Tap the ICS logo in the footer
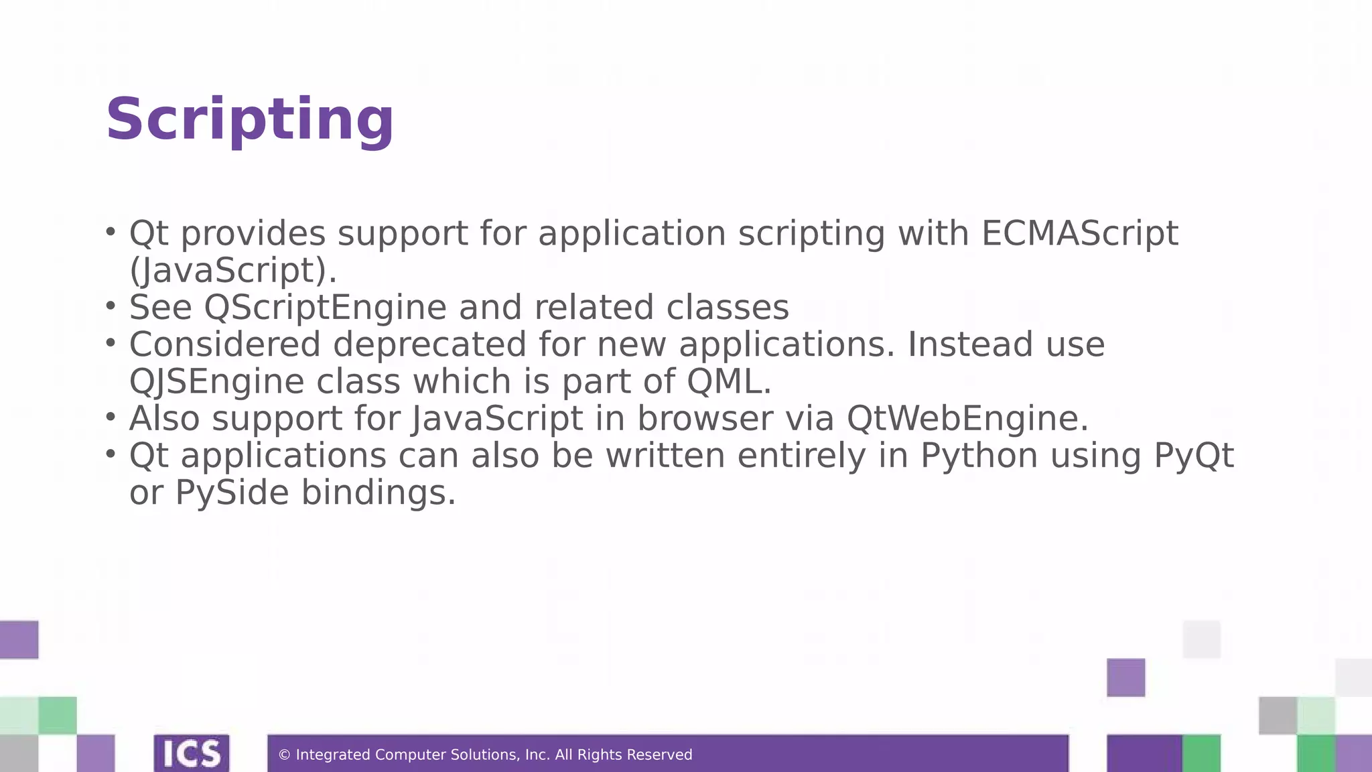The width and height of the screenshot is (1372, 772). (x=192, y=754)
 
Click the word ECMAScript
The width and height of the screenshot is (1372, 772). (x=1079, y=233)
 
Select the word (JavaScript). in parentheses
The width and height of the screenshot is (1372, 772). (x=232, y=271)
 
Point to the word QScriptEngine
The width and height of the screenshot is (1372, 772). (x=325, y=308)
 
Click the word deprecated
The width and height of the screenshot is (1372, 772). (x=429, y=344)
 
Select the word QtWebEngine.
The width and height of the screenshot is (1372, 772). (x=967, y=418)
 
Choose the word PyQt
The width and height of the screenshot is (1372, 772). (x=1193, y=456)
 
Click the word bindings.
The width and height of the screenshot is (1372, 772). (x=378, y=493)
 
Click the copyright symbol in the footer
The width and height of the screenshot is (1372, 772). (x=284, y=755)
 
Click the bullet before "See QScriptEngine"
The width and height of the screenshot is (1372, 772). (x=111, y=306)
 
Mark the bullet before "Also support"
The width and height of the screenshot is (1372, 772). (x=111, y=417)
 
